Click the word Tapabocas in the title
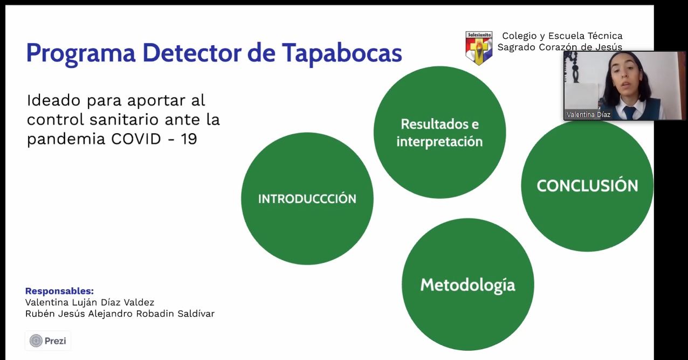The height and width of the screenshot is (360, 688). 342,53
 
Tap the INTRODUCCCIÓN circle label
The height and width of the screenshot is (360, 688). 307,198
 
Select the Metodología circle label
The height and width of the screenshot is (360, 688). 467,285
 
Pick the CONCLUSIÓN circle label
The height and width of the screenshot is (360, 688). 587,185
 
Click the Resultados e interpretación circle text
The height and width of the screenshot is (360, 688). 439,133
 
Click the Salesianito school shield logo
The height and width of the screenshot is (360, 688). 479,48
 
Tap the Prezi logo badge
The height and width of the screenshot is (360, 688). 48,341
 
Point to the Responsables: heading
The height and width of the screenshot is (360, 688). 60,291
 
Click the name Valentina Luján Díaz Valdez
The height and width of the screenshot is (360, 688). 90,303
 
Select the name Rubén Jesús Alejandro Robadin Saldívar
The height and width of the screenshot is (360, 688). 120,314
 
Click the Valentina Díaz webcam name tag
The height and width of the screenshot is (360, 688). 588,114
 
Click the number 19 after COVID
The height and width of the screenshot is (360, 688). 189,139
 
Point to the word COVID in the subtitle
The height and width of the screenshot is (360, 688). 136,139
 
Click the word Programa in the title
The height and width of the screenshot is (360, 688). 81,54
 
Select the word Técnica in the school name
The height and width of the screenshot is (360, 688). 605,36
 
